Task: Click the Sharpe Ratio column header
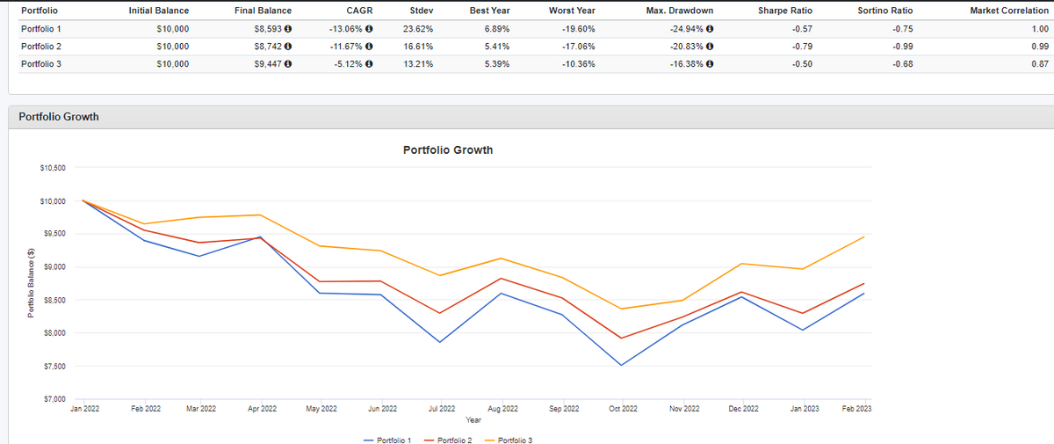[x=784, y=11]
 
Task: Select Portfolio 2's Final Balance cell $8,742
[x=266, y=46]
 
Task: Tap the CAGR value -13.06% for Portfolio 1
[x=346, y=28]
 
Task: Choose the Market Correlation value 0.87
[x=1039, y=63]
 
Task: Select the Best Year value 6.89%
[x=498, y=28]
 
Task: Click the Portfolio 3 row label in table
[x=40, y=63]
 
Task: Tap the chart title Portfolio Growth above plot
[x=448, y=150]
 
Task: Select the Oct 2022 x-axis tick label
[x=623, y=409]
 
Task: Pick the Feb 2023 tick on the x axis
[x=858, y=409]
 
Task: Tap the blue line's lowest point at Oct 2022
[x=623, y=365]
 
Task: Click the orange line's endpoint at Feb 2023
[x=864, y=237]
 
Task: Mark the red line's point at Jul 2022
[x=440, y=313]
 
